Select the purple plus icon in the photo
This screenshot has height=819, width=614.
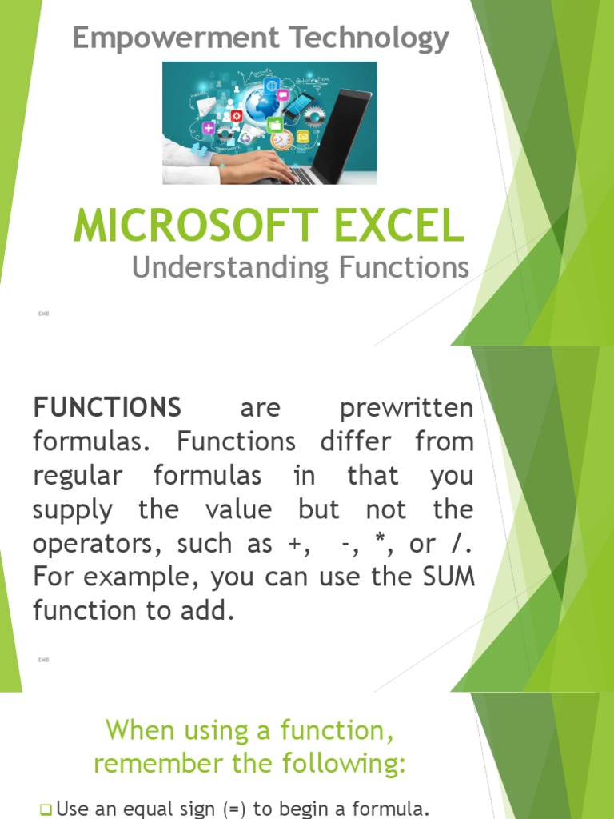tap(209, 128)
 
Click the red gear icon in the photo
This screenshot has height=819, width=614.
tap(237, 116)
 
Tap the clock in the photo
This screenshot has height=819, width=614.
tap(281, 140)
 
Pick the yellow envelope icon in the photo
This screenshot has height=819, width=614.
tap(303, 137)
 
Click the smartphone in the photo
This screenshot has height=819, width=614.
tap(297, 106)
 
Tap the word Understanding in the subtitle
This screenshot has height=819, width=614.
tap(231, 268)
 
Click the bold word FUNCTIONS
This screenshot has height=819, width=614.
tap(107, 408)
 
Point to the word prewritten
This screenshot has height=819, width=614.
tap(406, 408)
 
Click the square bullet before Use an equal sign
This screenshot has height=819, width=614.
tap(45, 809)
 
